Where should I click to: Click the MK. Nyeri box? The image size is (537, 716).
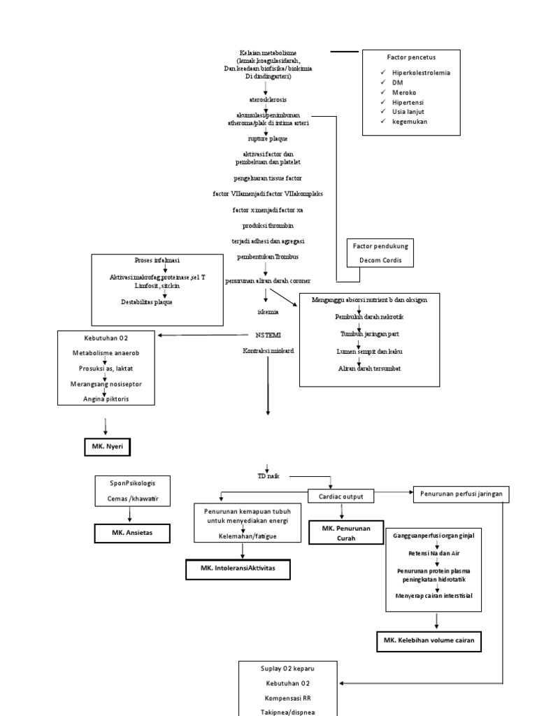[x=103, y=446]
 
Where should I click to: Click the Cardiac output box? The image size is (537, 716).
[x=341, y=495]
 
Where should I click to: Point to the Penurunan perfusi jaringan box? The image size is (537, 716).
[x=461, y=494]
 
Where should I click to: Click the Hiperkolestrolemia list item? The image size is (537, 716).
[x=421, y=73]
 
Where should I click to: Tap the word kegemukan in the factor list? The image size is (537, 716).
[x=410, y=121]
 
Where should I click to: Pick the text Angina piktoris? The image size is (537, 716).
[x=105, y=399]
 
